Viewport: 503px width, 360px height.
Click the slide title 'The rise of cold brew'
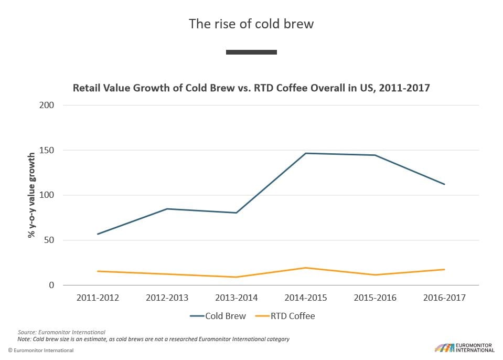pyautogui.click(x=251, y=24)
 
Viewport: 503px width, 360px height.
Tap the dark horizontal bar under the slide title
pyautogui.click(x=251, y=52)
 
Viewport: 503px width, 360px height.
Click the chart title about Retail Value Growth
pyautogui.click(x=251, y=88)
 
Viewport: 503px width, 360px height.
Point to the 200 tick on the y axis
pyautogui.click(x=47, y=105)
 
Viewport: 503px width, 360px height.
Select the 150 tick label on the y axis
pyautogui.click(x=47, y=150)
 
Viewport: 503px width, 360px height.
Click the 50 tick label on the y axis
pyautogui.click(x=49, y=240)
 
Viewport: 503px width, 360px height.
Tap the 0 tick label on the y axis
pyautogui.click(x=51, y=285)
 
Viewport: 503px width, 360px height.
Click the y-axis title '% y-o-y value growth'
pyautogui.click(x=31, y=195)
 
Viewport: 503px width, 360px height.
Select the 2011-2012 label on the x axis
pyautogui.click(x=98, y=298)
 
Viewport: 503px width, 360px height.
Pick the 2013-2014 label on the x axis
pyautogui.click(x=236, y=298)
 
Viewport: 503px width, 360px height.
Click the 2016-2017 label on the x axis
pyautogui.click(x=444, y=298)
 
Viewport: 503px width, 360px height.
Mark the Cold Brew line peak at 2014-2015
pyautogui.click(x=306, y=153)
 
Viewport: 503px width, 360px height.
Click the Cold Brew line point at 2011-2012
pyautogui.click(x=98, y=234)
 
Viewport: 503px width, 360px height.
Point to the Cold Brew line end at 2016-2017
pyautogui.click(x=444, y=184)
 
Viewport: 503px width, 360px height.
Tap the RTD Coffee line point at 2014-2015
pyautogui.click(x=306, y=268)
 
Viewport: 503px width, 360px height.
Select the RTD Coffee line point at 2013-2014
pyautogui.click(x=236, y=277)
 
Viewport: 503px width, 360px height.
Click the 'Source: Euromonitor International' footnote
pyautogui.click(x=61, y=332)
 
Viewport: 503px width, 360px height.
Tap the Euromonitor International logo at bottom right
pyautogui.click(x=464, y=347)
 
